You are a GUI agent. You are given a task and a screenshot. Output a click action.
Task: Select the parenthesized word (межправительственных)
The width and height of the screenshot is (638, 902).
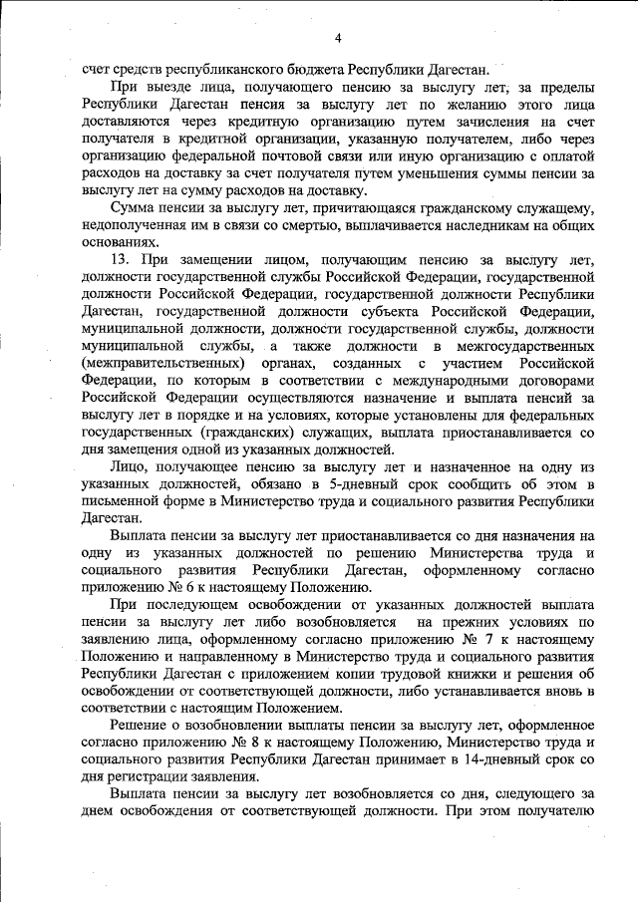pyautogui.click(x=164, y=363)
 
